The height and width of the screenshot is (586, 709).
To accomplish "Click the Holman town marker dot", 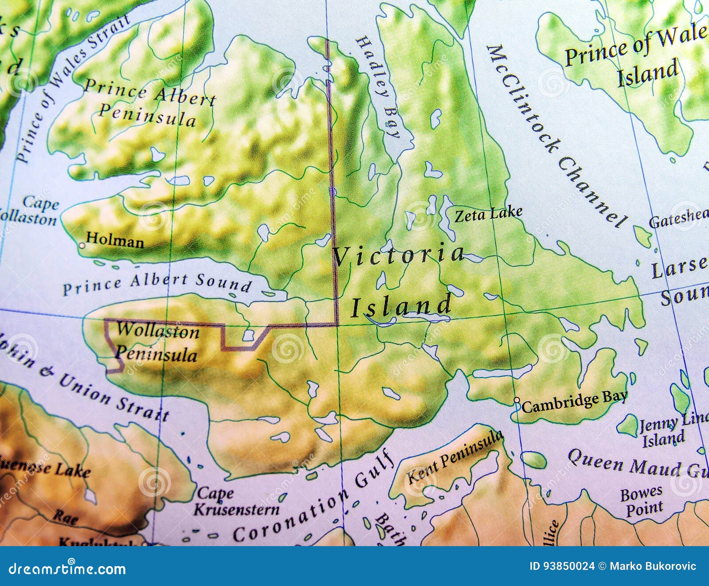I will point(82,245).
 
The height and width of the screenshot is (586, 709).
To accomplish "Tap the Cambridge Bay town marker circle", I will point(517,400).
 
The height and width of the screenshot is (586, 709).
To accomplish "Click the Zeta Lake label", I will point(489,215).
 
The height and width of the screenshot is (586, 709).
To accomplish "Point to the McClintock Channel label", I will point(556,135).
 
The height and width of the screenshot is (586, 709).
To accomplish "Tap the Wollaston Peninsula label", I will point(156,343).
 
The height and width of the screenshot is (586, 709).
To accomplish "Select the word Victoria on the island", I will point(398,255).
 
